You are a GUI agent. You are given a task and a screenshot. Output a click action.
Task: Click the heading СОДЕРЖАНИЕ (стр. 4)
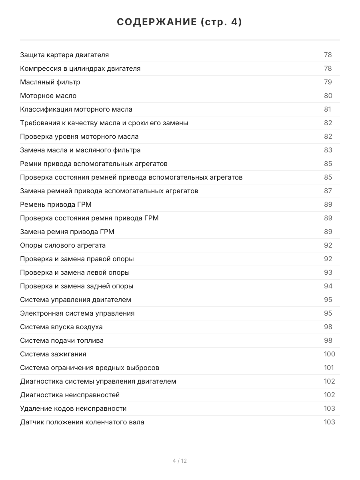pyautogui.click(x=180, y=22)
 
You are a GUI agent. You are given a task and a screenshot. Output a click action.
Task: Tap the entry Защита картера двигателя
pyautogui.click(x=64, y=55)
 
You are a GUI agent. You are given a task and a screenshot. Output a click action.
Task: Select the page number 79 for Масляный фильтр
pyautogui.click(x=328, y=82)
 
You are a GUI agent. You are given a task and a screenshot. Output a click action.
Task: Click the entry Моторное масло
pyautogui.click(x=48, y=96)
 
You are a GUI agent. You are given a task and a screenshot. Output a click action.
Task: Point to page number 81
pyautogui.click(x=328, y=109)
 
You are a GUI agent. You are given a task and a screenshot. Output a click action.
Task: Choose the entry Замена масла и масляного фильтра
pyautogui.click(x=80, y=150)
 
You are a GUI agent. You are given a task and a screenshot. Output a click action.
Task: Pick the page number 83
pyautogui.click(x=328, y=150)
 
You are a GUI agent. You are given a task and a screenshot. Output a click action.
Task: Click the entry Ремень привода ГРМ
pyautogui.click(x=56, y=204)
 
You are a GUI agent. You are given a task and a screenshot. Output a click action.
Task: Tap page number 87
pyautogui.click(x=328, y=191)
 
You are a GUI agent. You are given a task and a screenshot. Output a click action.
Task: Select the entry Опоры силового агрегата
pyautogui.click(x=63, y=245)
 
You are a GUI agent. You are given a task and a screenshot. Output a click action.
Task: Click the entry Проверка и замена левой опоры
pyautogui.click(x=75, y=272)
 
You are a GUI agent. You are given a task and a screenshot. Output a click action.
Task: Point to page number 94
pyautogui.click(x=328, y=286)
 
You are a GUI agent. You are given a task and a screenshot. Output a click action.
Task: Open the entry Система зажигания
pyautogui.click(x=53, y=354)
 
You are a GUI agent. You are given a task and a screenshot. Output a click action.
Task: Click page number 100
pyautogui.click(x=329, y=354)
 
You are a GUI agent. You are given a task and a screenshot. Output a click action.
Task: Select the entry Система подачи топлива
pyautogui.click(x=62, y=340)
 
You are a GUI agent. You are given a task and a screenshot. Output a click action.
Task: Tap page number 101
pyautogui.click(x=329, y=368)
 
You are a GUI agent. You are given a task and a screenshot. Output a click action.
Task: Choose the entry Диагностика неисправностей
pyautogui.click(x=70, y=395)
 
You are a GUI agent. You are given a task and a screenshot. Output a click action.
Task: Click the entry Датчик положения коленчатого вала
pyautogui.click(x=82, y=422)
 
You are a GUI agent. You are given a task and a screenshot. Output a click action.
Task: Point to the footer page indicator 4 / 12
pyautogui.click(x=180, y=461)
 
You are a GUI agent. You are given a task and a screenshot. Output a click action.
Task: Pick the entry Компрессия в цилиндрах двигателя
pyautogui.click(x=80, y=68)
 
